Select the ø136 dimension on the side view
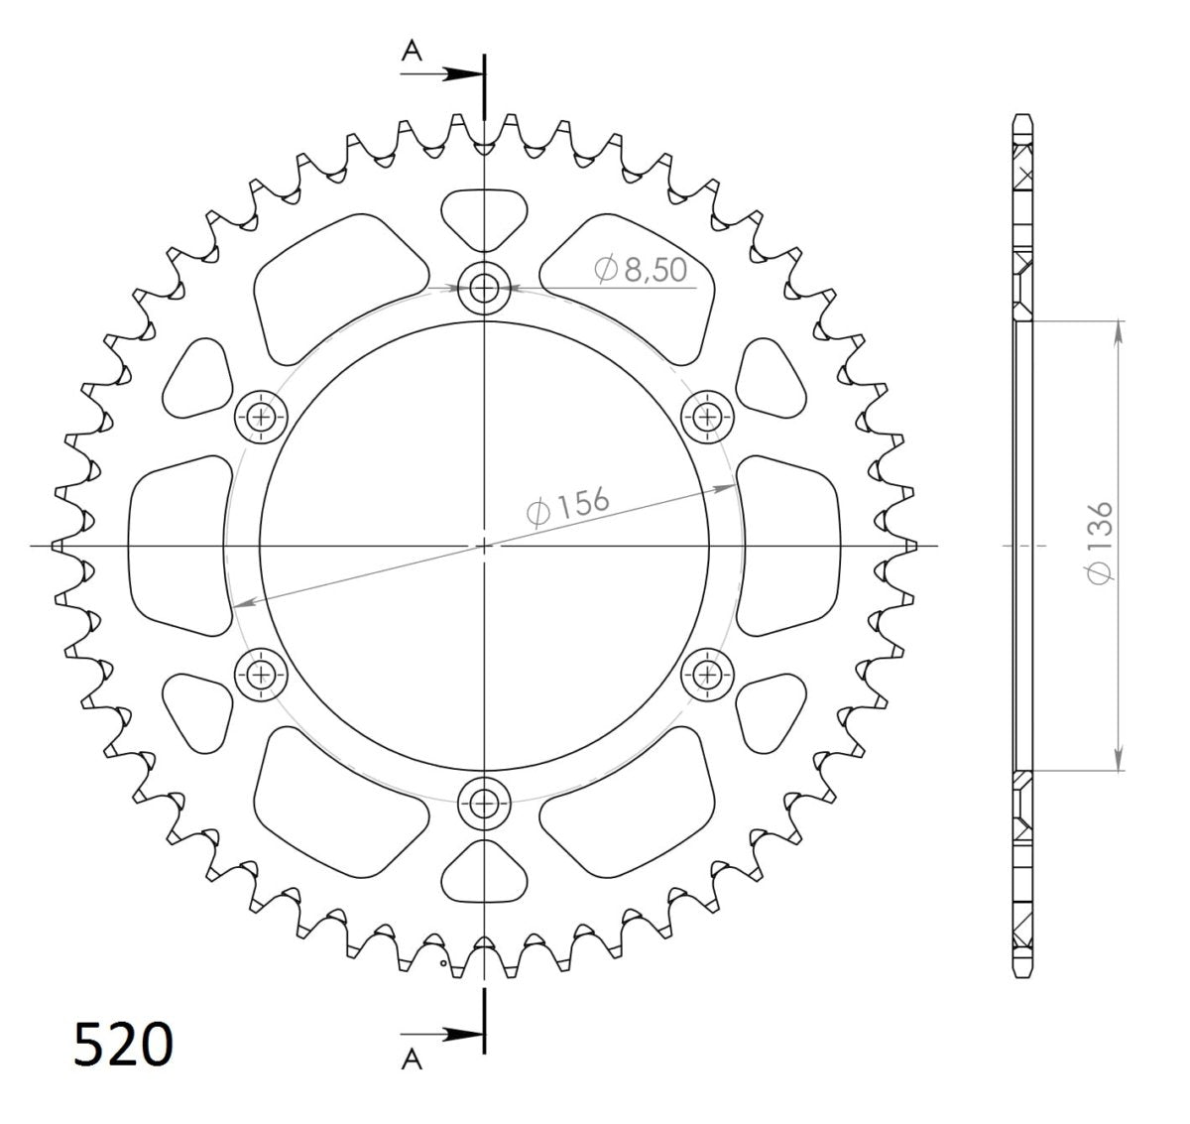(1102, 544)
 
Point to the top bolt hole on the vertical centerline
(484, 290)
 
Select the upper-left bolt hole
(262, 416)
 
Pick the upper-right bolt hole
(707, 416)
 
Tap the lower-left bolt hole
(262, 676)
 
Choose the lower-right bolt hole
(707, 676)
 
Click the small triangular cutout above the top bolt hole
(483, 217)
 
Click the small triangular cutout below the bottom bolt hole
(483, 871)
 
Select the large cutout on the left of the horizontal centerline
(178, 545)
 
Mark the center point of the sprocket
(484, 545)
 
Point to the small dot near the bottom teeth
(443, 960)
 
